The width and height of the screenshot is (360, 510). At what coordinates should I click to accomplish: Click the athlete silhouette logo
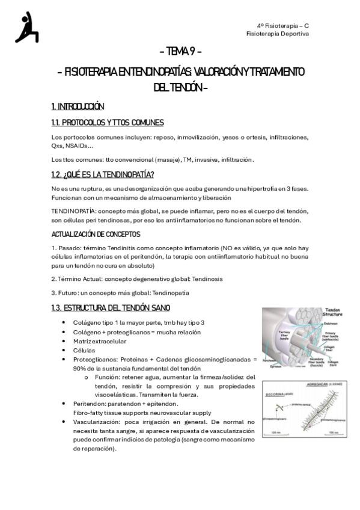click(x=27, y=28)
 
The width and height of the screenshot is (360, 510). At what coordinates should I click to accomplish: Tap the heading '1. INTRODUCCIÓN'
click(x=78, y=106)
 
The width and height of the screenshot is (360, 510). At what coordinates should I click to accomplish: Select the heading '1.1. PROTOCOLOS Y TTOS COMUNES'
click(x=108, y=123)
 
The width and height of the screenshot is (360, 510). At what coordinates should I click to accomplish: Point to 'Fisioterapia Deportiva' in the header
click(x=278, y=34)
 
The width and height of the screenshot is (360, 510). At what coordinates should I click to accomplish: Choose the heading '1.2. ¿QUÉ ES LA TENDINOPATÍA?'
click(x=103, y=174)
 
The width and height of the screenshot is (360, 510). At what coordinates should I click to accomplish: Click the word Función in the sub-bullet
click(x=106, y=377)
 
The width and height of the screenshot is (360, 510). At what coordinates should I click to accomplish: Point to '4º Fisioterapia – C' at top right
click(x=282, y=26)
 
